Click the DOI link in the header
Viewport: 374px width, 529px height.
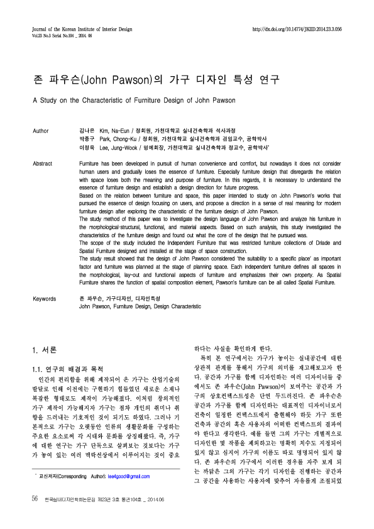pos(297,29)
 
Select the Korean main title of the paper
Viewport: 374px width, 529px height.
pos(155,80)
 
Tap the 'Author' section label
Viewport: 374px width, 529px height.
pos(40,131)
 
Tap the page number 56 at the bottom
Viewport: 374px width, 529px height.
pos(35,516)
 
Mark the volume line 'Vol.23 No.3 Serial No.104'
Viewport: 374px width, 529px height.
pos(62,35)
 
